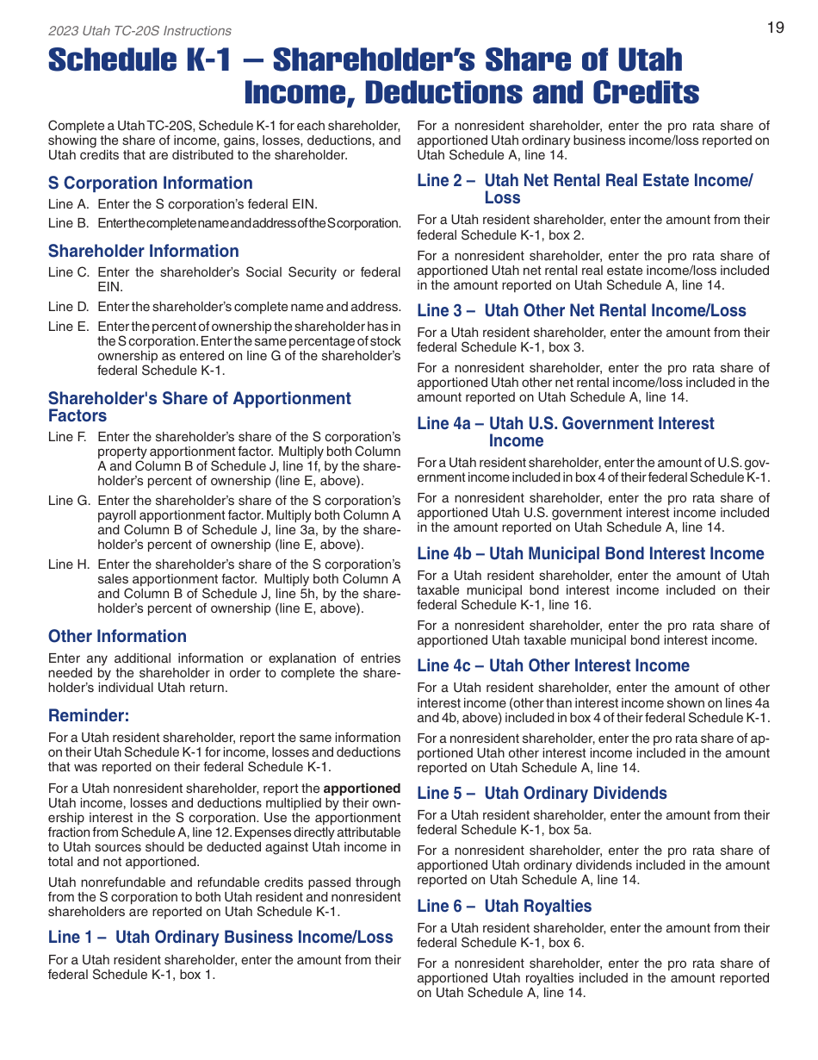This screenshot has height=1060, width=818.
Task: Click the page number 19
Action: (775, 28)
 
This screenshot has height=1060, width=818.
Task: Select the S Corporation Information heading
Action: (150, 183)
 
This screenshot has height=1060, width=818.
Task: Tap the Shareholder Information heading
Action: (143, 251)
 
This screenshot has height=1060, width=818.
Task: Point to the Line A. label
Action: (69, 204)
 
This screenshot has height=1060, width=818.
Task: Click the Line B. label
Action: (69, 223)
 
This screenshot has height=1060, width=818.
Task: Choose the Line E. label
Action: (69, 327)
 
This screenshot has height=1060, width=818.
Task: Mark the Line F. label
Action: (69, 437)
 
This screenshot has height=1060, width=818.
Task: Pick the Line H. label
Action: (69, 564)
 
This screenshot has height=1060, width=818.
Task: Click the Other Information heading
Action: (117, 636)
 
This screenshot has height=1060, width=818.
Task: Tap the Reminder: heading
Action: (89, 715)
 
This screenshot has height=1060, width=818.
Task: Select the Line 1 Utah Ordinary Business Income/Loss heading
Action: (220, 937)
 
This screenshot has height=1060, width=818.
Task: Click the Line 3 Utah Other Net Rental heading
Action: (581, 310)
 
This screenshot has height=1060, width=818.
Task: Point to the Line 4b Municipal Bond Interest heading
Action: (590, 553)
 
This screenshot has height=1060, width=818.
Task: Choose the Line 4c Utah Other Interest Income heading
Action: (553, 665)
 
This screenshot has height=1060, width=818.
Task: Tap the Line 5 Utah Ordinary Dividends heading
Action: (542, 793)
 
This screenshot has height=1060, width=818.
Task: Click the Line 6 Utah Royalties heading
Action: (504, 906)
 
